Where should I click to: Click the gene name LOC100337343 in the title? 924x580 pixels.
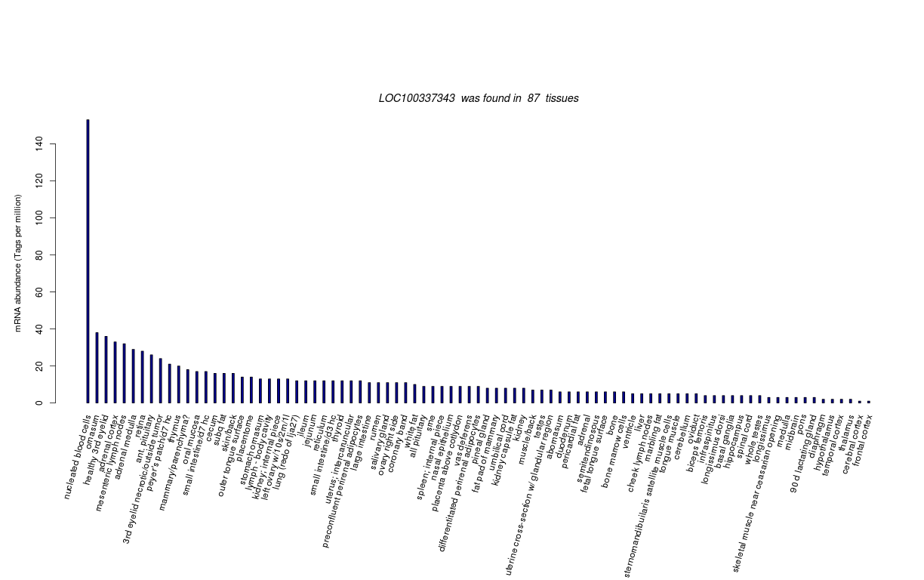tap(417, 98)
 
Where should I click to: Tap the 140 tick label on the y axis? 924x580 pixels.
tap(38, 143)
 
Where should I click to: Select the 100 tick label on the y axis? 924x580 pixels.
tap(38, 217)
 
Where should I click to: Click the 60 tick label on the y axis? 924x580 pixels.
tap(38, 292)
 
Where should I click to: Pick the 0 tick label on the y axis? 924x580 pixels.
tap(38, 403)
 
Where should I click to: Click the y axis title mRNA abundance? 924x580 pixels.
tap(18, 263)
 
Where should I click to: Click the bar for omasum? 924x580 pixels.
tap(97, 367)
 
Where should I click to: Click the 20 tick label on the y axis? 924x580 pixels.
tap(38, 366)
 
